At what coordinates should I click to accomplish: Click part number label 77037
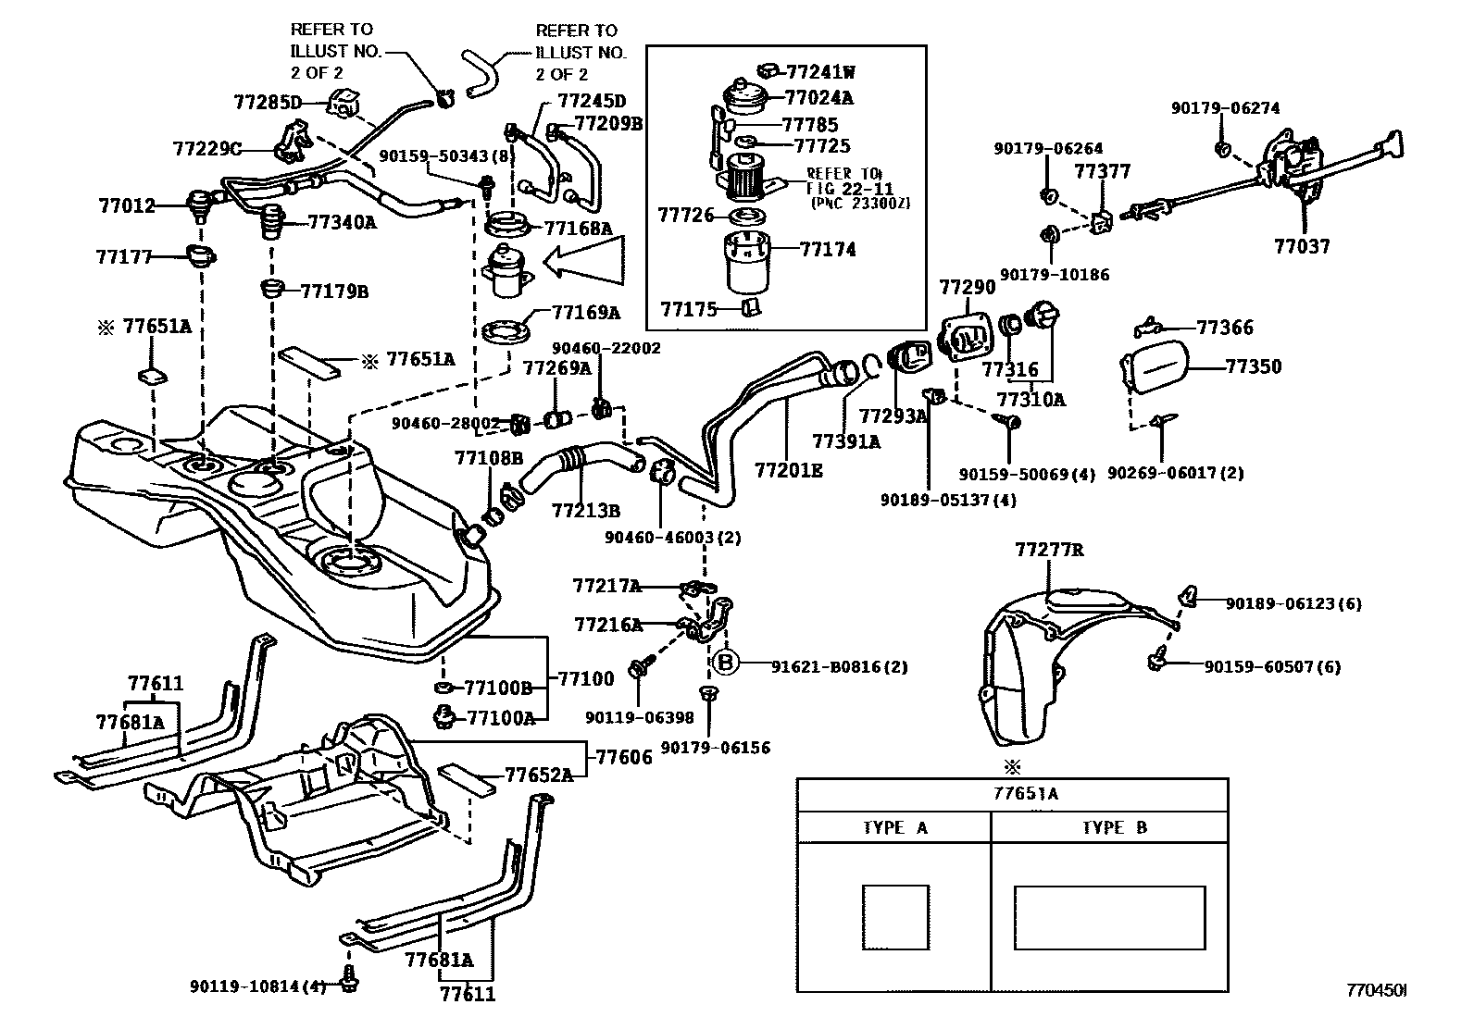tap(1302, 246)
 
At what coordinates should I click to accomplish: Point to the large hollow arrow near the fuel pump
tap(582, 263)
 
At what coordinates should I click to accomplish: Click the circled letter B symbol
tap(726, 663)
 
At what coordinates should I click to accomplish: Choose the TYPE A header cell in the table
tap(894, 827)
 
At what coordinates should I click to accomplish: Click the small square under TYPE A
tap(895, 917)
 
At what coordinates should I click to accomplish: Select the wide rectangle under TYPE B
tap(1109, 917)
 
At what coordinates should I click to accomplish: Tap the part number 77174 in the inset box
tap(828, 249)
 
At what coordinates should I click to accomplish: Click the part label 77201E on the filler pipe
tap(788, 470)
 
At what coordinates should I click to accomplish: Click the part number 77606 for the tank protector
tap(623, 757)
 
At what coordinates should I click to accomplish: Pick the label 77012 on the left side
tap(127, 206)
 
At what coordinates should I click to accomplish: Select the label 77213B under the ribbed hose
tap(585, 510)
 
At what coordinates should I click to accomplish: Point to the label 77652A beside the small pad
tap(538, 775)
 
